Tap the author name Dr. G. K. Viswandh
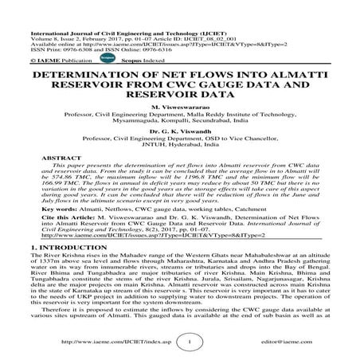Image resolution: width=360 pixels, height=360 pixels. coord(179,136)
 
